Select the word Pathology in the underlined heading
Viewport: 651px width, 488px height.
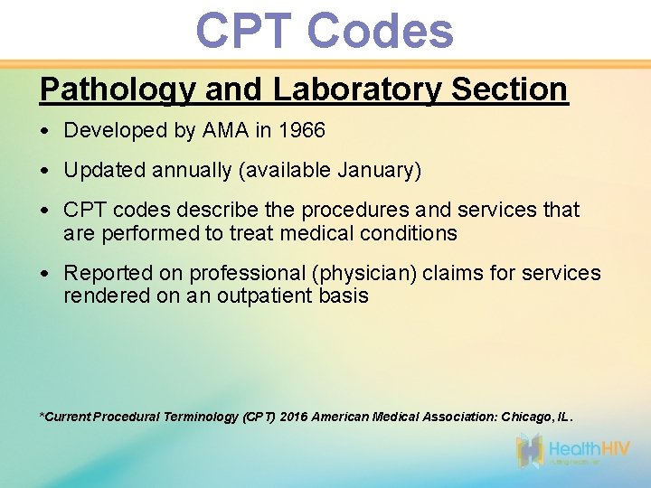click(x=118, y=89)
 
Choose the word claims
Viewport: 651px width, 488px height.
click(x=440, y=273)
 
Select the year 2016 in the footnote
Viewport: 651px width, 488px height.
click(x=293, y=417)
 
